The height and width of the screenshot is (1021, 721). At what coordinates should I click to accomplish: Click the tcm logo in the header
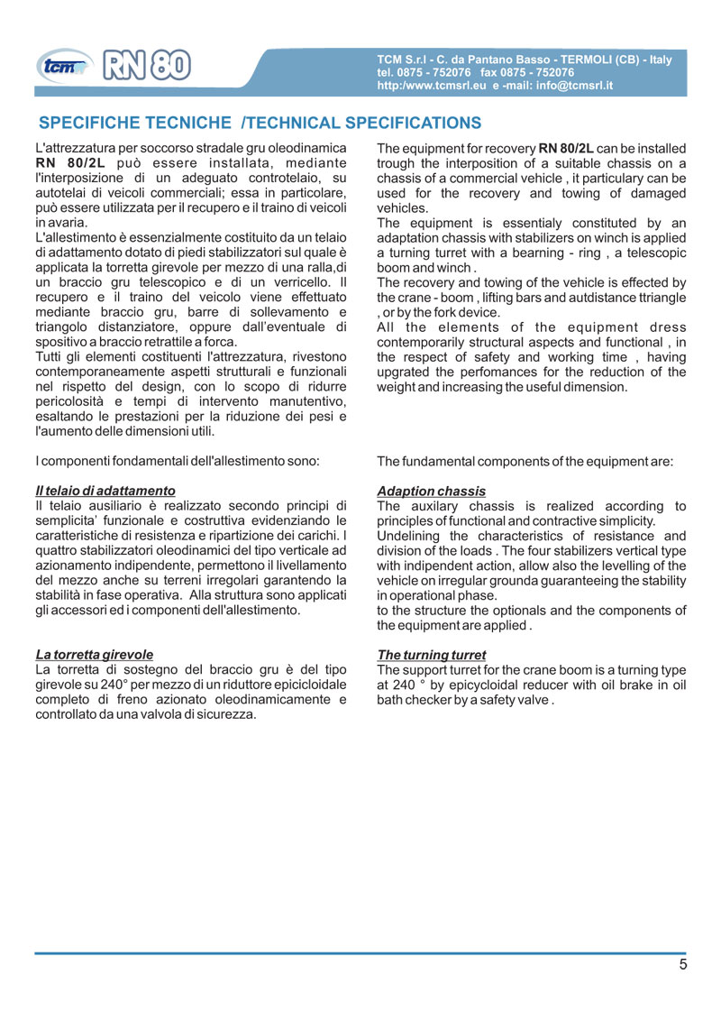pyautogui.click(x=64, y=65)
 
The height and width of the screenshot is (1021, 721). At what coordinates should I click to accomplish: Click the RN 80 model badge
pyautogui.click(x=147, y=64)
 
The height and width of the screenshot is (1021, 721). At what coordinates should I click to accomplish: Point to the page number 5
pyautogui.click(x=682, y=965)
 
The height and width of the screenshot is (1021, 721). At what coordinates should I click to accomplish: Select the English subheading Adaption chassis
pyautogui.click(x=432, y=492)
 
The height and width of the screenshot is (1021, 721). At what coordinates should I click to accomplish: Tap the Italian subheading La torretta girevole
pyautogui.click(x=94, y=655)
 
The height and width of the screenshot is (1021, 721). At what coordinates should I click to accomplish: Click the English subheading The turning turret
pyautogui.click(x=432, y=655)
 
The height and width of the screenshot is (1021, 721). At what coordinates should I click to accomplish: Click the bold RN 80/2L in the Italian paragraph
pyautogui.click(x=70, y=163)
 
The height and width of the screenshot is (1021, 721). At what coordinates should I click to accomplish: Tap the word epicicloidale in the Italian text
pyautogui.click(x=306, y=685)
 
